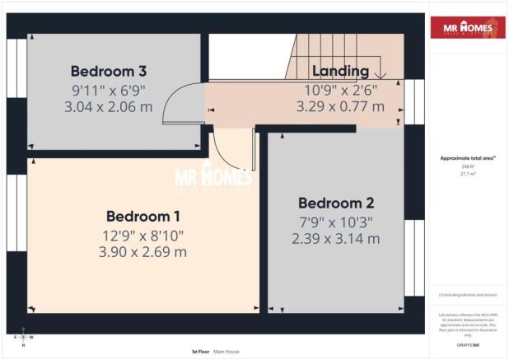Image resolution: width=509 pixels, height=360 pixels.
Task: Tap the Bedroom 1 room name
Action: (x=143, y=217)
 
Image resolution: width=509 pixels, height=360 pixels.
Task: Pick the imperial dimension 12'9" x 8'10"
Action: (x=144, y=235)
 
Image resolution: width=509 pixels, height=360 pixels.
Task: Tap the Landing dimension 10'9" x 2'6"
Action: (x=339, y=89)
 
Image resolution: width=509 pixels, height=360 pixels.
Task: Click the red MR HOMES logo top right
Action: (x=468, y=27)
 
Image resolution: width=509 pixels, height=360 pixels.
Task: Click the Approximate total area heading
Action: (x=467, y=158)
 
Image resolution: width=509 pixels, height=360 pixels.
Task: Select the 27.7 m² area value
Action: (x=467, y=174)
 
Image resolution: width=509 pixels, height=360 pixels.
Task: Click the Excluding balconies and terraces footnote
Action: (x=467, y=293)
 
